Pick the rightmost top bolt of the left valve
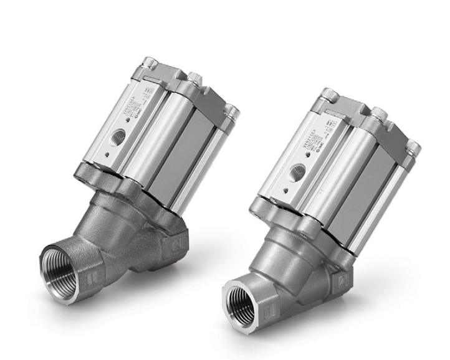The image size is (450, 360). pos(233,112)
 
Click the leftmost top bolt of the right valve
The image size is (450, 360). pos(328,95)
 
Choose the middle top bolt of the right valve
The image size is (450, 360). pos(378,113)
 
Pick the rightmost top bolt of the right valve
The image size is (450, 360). pos(413,148)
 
